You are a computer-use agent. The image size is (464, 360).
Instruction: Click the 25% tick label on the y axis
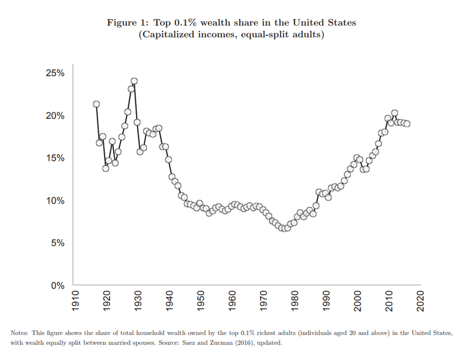(x=55, y=73)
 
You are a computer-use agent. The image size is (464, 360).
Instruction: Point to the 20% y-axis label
(x=55, y=116)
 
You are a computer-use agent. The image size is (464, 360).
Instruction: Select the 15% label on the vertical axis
(x=55, y=158)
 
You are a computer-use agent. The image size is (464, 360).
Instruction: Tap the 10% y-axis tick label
(x=55, y=201)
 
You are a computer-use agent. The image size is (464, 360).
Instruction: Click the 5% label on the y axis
(x=58, y=243)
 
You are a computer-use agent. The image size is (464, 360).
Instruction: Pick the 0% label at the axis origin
(x=58, y=286)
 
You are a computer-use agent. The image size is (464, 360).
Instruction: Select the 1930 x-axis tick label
(x=138, y=301)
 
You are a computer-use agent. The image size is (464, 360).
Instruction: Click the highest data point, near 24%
(x=134, y=81)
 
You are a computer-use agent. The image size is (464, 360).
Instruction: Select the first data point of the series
(x=96, y=104)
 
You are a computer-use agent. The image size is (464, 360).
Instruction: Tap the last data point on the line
(x=407, y=123)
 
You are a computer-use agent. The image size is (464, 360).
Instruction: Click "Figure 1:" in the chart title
(x=128, y=23)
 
